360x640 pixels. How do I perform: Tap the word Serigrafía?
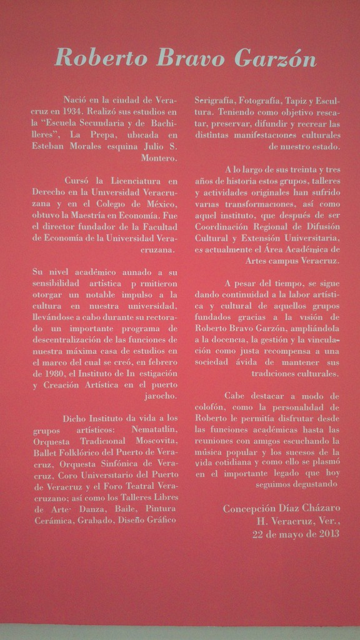coord(216,99)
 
